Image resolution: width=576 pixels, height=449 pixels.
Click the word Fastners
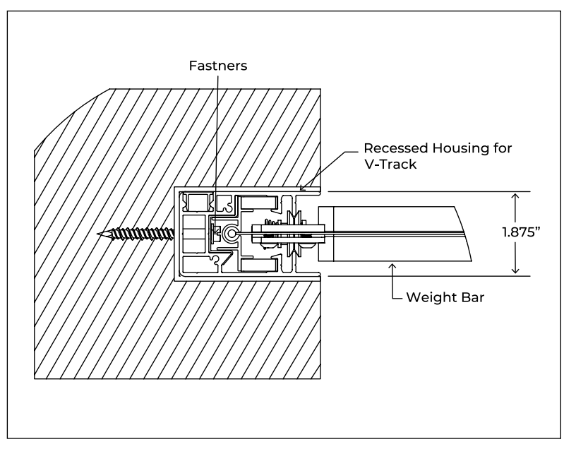pyautogui.click(x=217, y=66)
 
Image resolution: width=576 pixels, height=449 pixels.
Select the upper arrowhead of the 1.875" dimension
pyautogui.click(x=517, y=196)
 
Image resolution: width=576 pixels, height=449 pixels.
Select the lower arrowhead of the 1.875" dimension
pyautogui.click(x=517, y=270)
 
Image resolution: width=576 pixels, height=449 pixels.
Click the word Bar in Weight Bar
pyautogui.click(x=469, y=297)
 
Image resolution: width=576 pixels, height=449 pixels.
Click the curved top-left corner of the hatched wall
pyautogui.click(x=67, y=116)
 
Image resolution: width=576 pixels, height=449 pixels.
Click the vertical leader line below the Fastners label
pyautogui.click(x=217, y=141)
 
